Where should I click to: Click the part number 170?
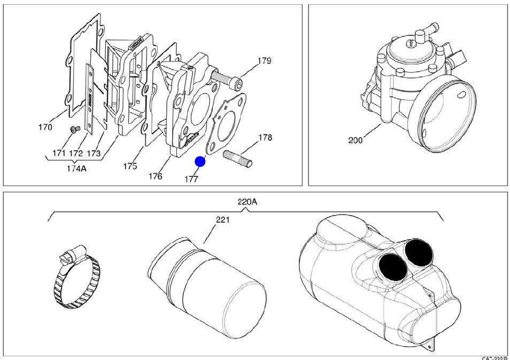click(45, 127)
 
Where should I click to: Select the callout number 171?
click(59, 154)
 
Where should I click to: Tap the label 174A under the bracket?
click(76, 169)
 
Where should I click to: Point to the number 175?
click(130, 166)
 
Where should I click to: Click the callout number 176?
click(156, 176)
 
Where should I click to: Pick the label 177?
click(191, 179)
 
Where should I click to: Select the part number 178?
click(265, 138)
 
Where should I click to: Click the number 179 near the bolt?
click(264, 61)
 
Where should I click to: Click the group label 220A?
click(247, 202)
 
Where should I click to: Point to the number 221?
click(223, 220)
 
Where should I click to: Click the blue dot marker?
click(200, 161)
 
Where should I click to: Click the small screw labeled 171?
click(75, 128)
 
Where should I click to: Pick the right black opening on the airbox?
click(419, 251)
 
